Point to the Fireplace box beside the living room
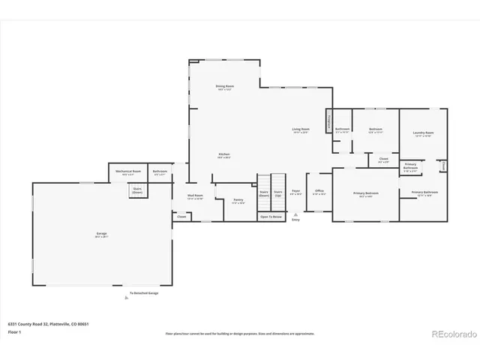click(x=328, y=121)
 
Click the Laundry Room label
click(x=423, y=134)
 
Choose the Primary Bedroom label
click(x=366, y=194)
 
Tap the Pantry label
click(x=238, y=200)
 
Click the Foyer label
click(x=296, y=191)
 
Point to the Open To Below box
click(x=271, y=216)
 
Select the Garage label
click(x=101, y=234)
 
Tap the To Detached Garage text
click(x=144, y=293)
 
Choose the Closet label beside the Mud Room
click(x=181, y=217)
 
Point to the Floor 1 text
click(x=15, y=331)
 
